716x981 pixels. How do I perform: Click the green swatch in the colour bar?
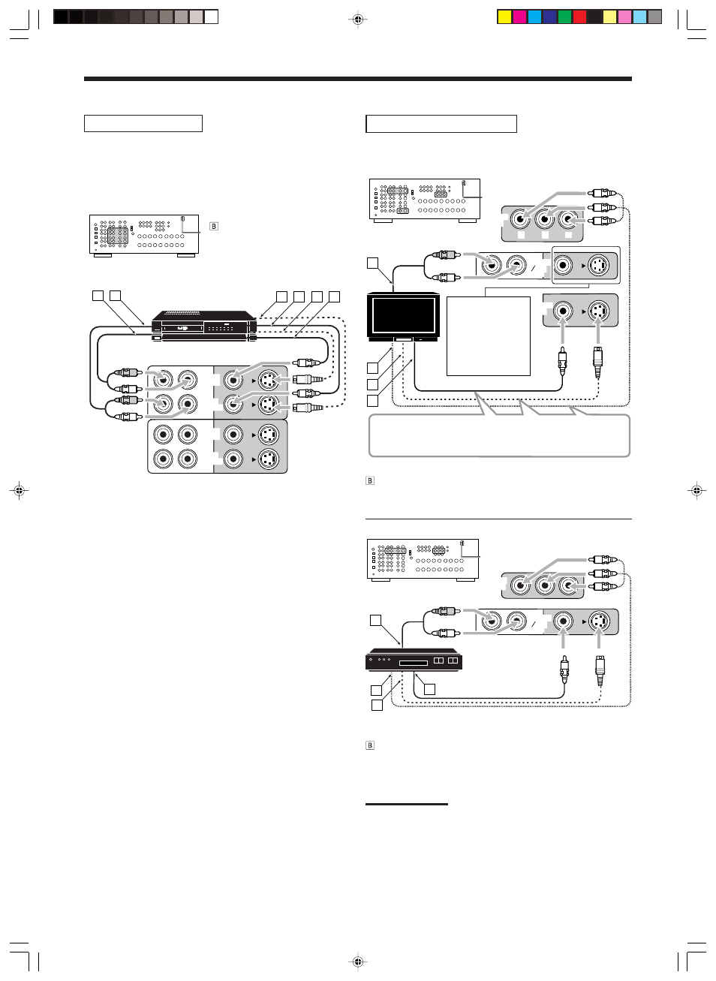564,17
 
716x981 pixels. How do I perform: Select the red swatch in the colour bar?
579,17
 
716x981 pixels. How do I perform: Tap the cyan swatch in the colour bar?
534,17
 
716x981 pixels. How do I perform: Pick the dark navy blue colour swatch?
549,17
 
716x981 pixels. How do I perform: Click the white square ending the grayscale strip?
211,17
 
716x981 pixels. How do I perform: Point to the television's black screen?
403,317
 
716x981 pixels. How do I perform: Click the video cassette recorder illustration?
204,326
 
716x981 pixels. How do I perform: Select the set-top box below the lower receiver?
414,659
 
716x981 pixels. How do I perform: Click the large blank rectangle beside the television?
489,336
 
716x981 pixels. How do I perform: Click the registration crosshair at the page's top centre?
358,20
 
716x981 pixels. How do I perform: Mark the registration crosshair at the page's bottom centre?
358,961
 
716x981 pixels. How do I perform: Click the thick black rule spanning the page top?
358,79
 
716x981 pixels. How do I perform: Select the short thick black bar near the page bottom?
406,804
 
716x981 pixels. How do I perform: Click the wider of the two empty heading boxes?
441,124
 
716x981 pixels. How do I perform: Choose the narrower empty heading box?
143,124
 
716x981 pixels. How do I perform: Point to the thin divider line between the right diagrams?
498,519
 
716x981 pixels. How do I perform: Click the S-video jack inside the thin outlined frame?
598,265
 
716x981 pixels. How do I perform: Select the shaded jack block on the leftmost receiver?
118,236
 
